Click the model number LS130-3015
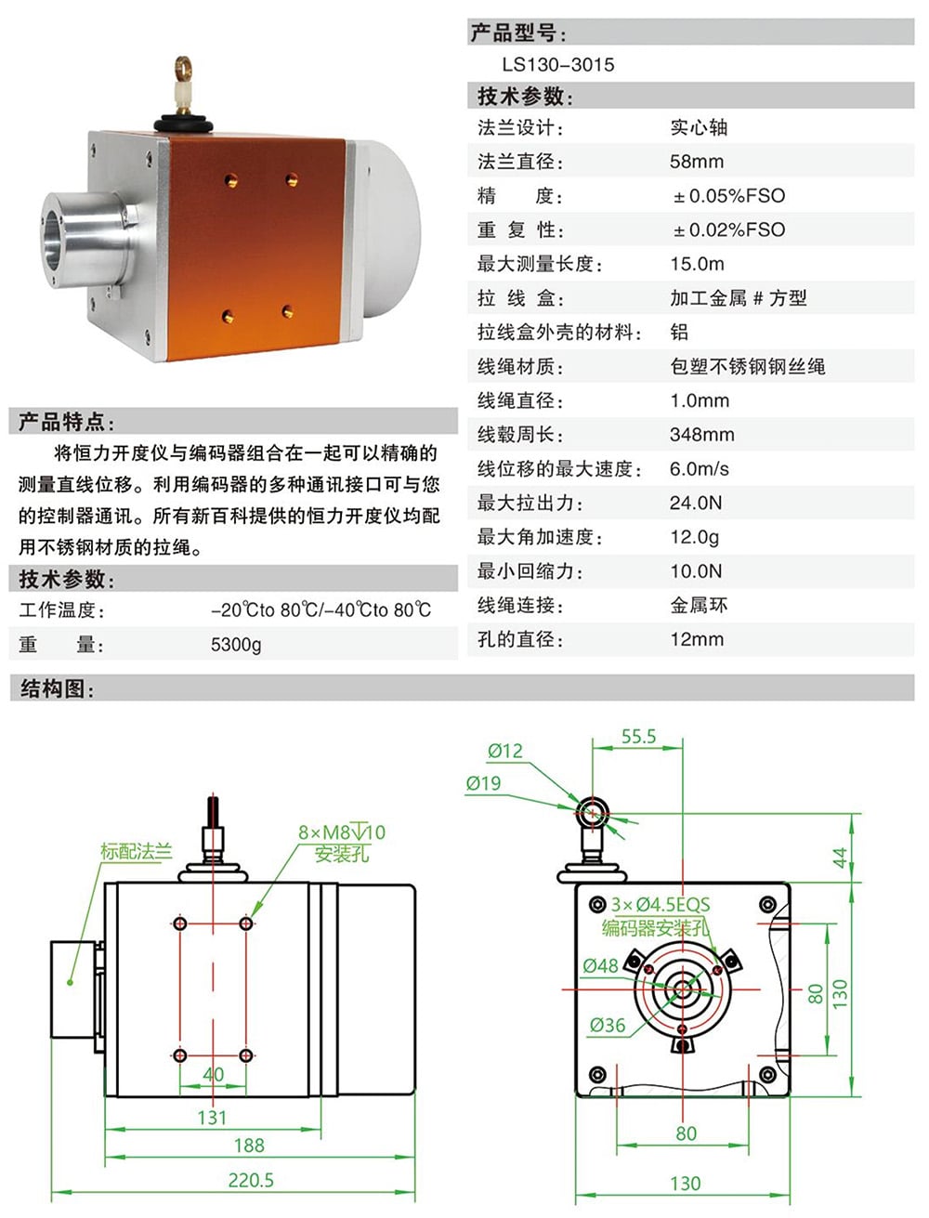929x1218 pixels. coord(557,65)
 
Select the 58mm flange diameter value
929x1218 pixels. coord(696,162)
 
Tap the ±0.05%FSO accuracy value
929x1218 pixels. coord(729,196)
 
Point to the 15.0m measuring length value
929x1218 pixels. coord(697,264)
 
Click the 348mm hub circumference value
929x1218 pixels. coord(701,435)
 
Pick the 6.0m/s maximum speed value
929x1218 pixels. coord(699,469)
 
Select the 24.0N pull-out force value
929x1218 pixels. coord(695,504)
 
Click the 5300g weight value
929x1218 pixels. coord(236,645)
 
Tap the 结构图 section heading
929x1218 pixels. coord(56,689)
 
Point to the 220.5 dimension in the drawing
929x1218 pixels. coord(251,1181)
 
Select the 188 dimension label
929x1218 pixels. coord(249,1146)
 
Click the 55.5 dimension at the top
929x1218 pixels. coord(638,737)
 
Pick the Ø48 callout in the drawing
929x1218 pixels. coord(600,966)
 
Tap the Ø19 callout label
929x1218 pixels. coord(483,783)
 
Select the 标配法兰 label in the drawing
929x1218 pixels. coord(136,851)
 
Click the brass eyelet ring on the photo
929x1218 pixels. coord(183,67)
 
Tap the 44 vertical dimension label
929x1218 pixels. coord(840,858)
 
